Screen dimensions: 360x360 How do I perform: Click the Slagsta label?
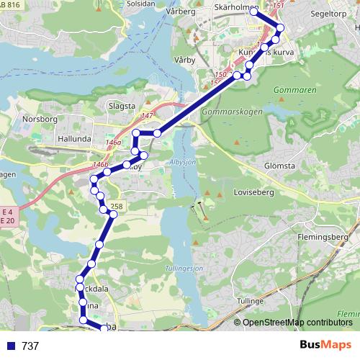point(121,105)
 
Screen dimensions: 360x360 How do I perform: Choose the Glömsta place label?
point(279,165)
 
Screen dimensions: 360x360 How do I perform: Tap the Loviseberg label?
point(253,192)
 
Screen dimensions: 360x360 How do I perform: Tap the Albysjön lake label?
point(184,163)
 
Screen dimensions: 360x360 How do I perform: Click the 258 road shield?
point(116,207)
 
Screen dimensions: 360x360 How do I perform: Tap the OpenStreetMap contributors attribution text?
point(297,323)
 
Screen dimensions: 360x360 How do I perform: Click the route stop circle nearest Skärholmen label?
point(254,12)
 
